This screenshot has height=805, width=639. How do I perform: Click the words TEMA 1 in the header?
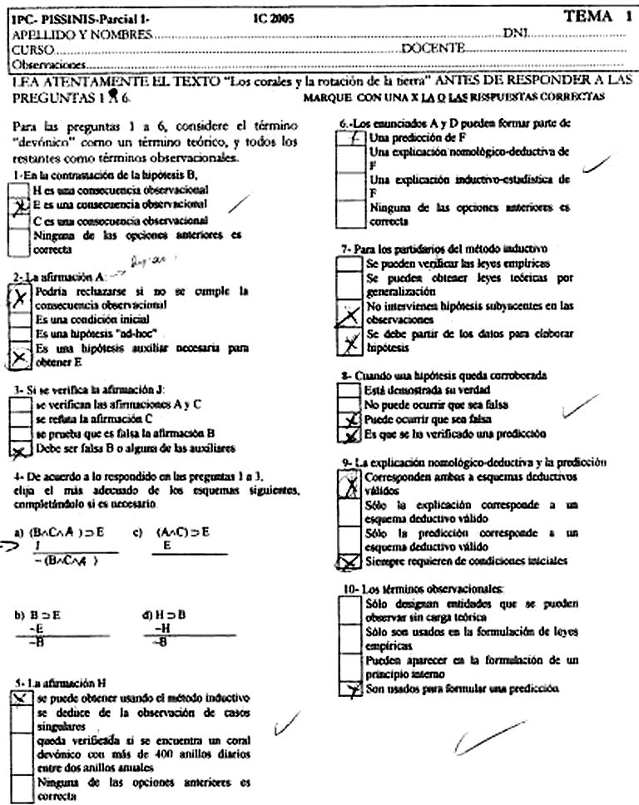(597, 14)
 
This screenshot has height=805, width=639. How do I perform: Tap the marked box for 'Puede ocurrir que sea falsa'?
(353, 420)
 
